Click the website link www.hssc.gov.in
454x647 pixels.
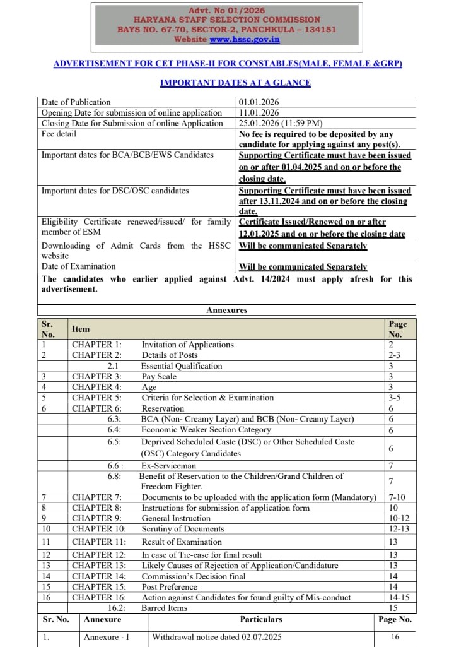245,39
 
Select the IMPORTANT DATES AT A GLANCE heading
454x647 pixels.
235,83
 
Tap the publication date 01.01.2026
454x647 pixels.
259,102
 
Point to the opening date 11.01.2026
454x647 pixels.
259,113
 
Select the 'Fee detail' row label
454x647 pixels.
59,134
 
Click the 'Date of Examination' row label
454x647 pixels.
78,266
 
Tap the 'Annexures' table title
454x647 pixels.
227,311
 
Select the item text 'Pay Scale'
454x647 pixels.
159,377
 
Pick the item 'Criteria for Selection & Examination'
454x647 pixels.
207,398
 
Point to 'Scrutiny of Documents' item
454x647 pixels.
183,529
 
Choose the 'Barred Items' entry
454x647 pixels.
165,608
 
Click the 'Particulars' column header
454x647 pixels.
261,620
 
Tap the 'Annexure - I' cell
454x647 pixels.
107,638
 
